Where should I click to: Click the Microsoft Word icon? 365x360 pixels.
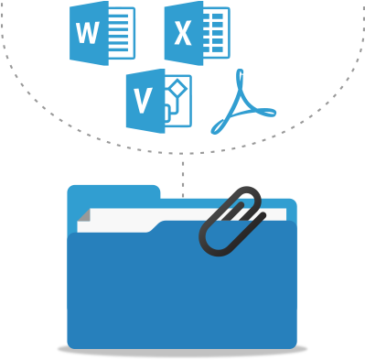[x=102, y=34]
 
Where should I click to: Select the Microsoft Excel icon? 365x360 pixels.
[x=196, y=34]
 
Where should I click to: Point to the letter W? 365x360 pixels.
[x=88, y=34]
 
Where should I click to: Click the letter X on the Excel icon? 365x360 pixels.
[x=183, y=35]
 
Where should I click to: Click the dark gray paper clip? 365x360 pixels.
[x=231, y=221]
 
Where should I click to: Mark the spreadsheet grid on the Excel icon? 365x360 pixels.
[x=217, y=34]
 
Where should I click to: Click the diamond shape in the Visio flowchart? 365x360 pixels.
[x=177, y=89]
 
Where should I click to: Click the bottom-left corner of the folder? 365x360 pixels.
[x=71, y=344]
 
